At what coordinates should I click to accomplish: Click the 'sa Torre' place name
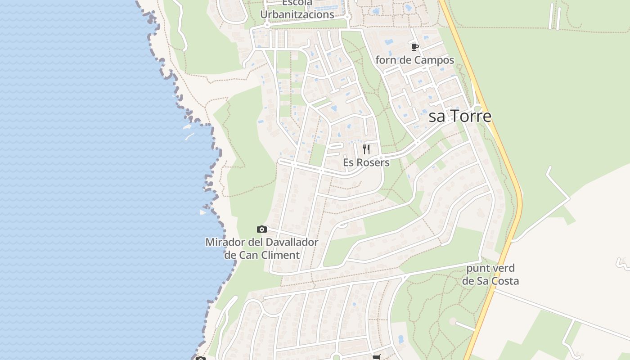tap(460, 117)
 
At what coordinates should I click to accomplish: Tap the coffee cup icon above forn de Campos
tap(415, 47)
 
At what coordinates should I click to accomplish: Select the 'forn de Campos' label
tap(415, 60)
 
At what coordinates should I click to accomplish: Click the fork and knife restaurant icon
tap(366, 149)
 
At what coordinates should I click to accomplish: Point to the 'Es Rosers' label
tap(366, 162)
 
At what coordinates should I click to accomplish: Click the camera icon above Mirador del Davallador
tap(261, 229)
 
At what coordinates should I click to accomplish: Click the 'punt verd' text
tap(490, 268)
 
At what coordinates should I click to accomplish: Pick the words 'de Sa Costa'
tap(490, 281)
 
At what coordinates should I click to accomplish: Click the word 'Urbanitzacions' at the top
tap(297, 14)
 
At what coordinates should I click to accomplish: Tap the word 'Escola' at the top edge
tap(297, 3)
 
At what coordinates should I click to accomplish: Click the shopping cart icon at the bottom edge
tap(376, 357)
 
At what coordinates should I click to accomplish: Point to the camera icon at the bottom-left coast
tap(201, 358)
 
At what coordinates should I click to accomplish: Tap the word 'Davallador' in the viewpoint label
tap(292, 242)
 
